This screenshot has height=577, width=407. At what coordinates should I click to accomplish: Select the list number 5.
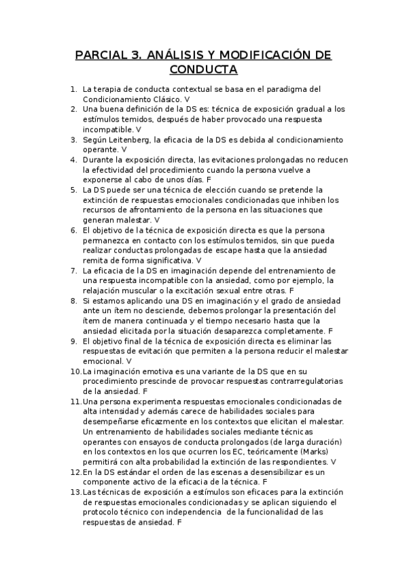(x=73, y=189)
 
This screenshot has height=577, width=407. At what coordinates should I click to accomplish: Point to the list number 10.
(x=75, y=371)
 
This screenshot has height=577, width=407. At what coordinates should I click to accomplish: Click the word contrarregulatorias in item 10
(x=299, y=381)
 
